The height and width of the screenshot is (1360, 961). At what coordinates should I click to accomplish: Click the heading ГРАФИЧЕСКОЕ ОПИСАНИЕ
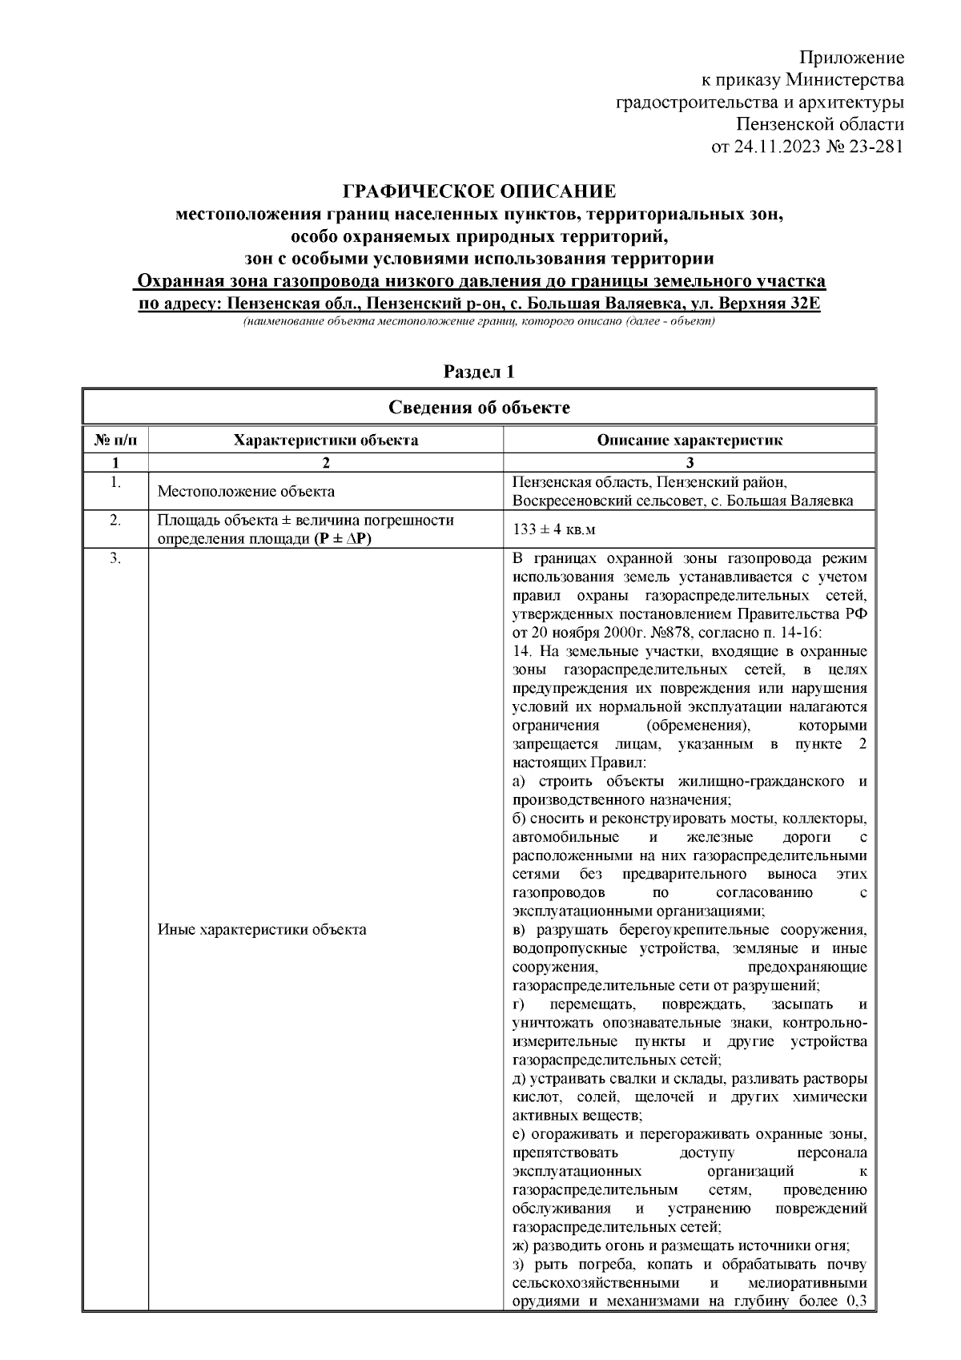(479, 192)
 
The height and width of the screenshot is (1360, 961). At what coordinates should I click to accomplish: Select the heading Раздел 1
(479, 372)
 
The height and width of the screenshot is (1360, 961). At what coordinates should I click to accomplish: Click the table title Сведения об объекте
(479, 408)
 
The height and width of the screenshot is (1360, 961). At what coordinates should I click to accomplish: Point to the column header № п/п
(115, 440)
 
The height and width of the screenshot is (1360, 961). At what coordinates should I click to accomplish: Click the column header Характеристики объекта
(325, 440)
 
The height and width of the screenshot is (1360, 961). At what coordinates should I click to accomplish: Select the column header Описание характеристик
(690, 440)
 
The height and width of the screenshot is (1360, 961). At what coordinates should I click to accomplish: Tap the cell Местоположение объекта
(246, 492)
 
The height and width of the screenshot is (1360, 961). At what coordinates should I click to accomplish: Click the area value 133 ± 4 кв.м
(554, 530)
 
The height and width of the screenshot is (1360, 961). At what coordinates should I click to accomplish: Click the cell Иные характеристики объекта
(262, 930)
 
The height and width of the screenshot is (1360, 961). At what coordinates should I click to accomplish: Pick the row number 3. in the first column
(115, 559)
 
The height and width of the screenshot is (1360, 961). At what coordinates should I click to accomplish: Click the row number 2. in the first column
(115, 521)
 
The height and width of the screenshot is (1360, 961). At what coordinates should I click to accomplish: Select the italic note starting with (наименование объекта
(479, 321)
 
